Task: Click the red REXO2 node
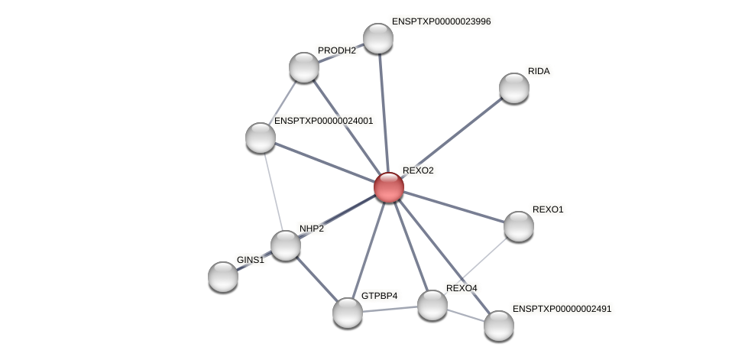(388, 186)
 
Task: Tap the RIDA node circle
(513, 88)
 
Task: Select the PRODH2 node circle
(304, 67)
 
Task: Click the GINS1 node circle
(223, 276)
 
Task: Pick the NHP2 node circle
(286, 245)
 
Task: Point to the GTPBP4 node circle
(348, 312)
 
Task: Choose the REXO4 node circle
(432, 305)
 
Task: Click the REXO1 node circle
(518, 226)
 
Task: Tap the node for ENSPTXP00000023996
(377, 38)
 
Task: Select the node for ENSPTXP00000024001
(261, 138)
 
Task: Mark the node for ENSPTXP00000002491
(498, 326)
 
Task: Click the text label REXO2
(418, 170)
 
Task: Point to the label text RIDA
(539, 71)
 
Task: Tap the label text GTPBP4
(379, 296)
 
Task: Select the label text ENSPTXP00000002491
(562, 309)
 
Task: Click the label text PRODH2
(337, 50)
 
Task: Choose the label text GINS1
(250, 260)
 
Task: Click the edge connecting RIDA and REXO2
(451, 138)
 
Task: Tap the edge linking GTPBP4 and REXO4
(390, 309)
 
